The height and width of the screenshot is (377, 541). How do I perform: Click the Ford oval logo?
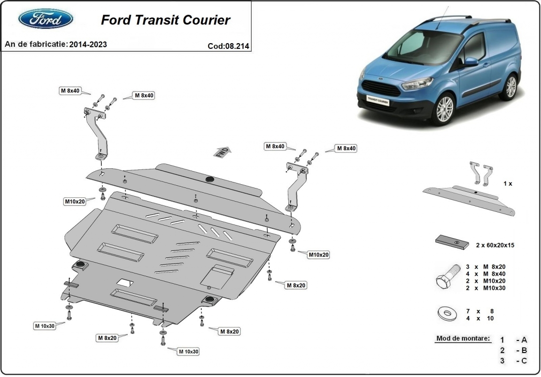coord(46,19)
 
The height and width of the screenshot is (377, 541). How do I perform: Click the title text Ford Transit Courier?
coord(165,20)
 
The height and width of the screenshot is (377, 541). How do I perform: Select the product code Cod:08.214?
coord(228,45)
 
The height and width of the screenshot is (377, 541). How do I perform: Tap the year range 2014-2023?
coord(88,45)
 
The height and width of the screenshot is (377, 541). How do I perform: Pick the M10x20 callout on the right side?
coord(318,255)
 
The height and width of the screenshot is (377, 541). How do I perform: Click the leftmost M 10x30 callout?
coord(45,325)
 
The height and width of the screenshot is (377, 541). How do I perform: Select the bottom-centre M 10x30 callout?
coord(188,351)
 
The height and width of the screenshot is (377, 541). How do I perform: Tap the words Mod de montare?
coord(463,339)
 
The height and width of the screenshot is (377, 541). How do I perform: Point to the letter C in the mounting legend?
coord(524,361)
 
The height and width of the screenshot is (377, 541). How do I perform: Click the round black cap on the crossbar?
coord(210,179)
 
